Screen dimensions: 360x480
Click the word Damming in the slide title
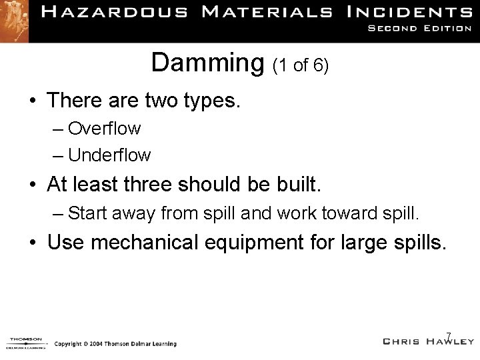(208, 64)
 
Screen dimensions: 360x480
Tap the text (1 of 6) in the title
(299, 66)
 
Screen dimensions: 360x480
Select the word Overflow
(104, 127)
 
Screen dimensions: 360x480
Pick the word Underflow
(109, 155)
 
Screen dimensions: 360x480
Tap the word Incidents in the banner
(411, 11)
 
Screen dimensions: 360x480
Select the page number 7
(449, 335)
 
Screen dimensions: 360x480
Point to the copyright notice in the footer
(115, 344)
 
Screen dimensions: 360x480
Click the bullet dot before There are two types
(32, 101)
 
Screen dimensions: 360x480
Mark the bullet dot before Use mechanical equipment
(32, 243)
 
